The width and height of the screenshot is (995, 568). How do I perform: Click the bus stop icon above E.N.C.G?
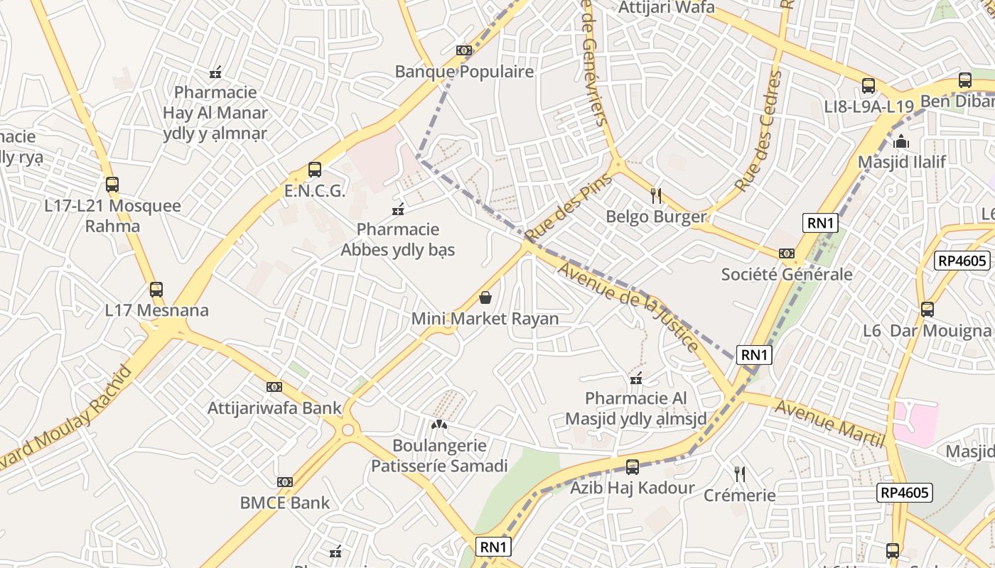315,170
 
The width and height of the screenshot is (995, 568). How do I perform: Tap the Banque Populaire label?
464,72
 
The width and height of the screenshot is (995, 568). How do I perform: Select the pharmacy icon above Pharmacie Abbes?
398,209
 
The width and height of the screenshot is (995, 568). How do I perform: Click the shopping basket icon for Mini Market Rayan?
485,297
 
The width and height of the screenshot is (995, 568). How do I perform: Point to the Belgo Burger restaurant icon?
656,195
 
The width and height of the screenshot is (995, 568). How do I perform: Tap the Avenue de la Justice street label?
628,306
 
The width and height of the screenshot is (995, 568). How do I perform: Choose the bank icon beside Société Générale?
786,253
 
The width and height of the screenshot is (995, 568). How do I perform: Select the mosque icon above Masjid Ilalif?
902,141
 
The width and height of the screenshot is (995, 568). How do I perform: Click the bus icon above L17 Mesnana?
156,290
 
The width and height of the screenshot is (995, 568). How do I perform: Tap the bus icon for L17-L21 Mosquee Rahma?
112,185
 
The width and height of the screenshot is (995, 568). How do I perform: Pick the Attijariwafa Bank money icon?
274,387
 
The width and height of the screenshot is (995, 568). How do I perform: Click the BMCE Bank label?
285,503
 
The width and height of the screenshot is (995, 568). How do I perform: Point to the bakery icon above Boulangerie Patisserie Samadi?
439,425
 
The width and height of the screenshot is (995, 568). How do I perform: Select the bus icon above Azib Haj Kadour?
632,467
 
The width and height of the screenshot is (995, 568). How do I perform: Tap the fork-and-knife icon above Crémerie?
740,474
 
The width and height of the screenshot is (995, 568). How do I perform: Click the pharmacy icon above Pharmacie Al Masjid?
636,378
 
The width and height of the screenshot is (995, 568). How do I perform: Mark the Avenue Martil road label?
830,424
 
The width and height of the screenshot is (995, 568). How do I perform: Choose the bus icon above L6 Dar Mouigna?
927,310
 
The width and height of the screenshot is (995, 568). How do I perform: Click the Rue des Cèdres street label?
758,132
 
